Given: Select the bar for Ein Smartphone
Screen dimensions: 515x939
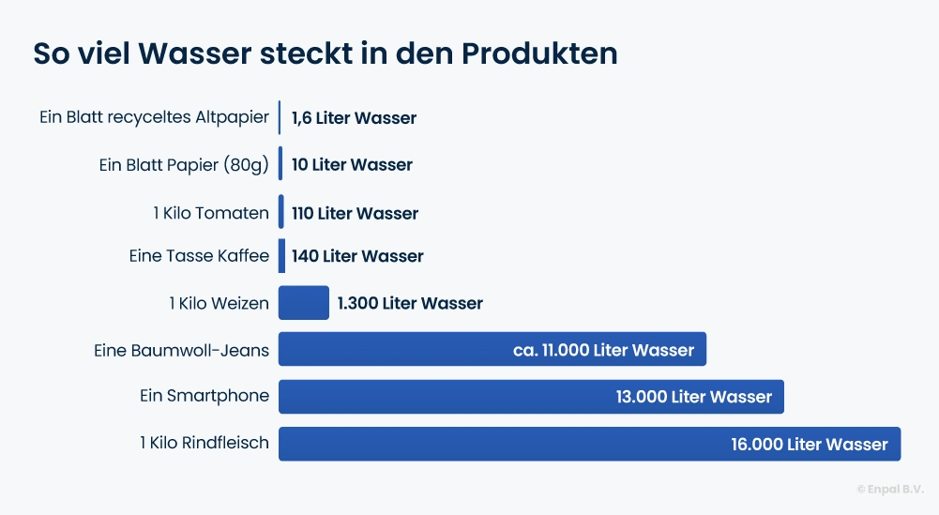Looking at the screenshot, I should (x=441, y=397).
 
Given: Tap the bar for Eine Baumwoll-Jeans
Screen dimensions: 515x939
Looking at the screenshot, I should (x=394, y=350).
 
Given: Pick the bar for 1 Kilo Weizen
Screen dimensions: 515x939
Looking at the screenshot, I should (x=304, y=303).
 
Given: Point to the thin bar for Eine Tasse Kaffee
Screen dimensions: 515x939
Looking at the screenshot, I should (x=281, y=256).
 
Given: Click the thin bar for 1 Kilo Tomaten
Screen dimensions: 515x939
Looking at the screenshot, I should (x=280, y=212).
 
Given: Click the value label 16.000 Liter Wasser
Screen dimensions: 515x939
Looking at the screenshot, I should (x=809, y=445).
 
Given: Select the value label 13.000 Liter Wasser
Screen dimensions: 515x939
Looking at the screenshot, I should (x=693, y=397).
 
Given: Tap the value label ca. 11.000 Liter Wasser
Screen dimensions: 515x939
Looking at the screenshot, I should (x=603, y=351).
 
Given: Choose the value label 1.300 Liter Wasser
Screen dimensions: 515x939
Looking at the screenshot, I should (x=410, y=303).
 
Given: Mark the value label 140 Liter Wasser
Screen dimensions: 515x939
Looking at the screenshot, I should (x=357, y=256).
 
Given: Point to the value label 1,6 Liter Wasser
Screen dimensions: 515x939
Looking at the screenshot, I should (x=354, y=118).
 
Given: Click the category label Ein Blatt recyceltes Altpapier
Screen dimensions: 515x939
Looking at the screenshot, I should (x=154, y=118).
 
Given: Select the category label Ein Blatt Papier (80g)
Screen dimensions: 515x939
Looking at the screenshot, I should (x=184, y=165).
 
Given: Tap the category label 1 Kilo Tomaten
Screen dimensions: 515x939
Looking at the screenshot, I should (x=211, y=213).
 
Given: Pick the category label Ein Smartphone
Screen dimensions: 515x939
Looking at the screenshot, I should (x=204, y=396).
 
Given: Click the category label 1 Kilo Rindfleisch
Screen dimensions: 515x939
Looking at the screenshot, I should (x=204, y=443).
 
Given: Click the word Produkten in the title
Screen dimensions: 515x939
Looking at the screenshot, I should (x=539, y=53).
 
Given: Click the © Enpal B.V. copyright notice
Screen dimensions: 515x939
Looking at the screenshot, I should (x=889, y=489).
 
